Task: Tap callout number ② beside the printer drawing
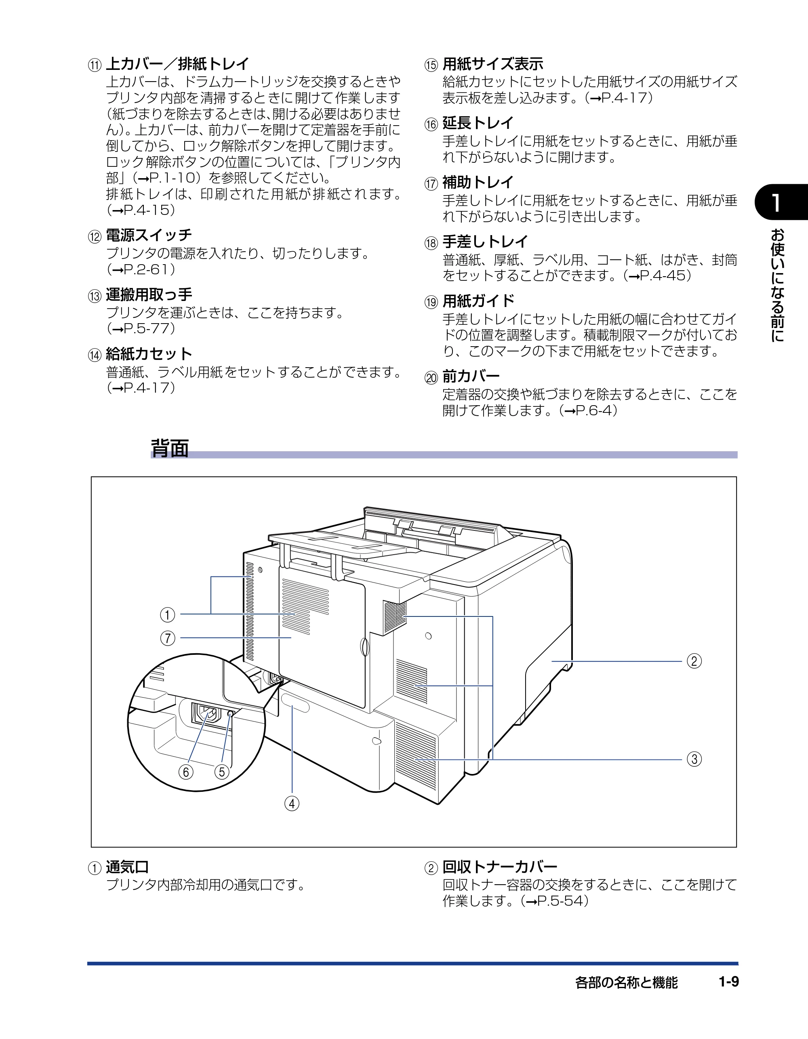point(694,661)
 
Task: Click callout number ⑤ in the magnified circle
point(222,772)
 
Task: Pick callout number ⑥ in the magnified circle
point(185,772)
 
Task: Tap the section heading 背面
point(170,448)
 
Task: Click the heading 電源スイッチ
point(149,235)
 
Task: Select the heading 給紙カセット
point(149,354)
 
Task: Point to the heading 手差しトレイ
point(485,242)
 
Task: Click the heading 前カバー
point(471,376)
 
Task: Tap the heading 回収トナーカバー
point(500,867)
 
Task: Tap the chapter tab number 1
point(776,202)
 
